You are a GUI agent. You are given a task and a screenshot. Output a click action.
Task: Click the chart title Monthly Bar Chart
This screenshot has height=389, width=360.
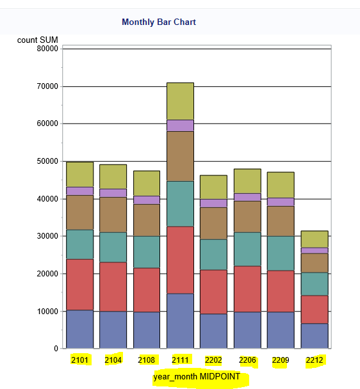point(159,22)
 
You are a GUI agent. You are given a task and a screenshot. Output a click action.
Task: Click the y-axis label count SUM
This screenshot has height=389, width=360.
point(38,40)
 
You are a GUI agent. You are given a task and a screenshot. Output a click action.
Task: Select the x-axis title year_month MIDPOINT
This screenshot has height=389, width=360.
point(197,377)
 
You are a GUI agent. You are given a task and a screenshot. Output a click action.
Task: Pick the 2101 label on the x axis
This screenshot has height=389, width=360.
point(80,360)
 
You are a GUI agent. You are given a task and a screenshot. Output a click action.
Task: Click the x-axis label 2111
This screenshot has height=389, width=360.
point(180,360)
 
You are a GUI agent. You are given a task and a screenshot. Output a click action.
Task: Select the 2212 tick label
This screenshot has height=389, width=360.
point(314,360)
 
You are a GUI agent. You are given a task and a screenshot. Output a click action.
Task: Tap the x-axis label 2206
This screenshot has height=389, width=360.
point(247,360)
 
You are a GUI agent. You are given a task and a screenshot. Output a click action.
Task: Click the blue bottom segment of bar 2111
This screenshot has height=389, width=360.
point(180,321)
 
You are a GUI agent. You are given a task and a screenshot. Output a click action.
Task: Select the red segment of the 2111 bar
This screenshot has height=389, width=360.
point(180,260)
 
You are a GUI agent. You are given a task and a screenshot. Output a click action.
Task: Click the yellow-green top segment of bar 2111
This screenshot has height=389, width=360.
point(180,101)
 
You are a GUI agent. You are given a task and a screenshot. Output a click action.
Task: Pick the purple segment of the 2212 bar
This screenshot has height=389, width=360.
point(314,250)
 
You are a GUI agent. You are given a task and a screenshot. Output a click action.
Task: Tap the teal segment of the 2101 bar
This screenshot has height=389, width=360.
point(80,244)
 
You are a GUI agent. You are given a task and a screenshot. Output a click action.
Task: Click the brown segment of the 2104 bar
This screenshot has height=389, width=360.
point(113,214)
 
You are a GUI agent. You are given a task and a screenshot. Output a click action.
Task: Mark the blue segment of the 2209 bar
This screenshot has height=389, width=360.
point(281,330)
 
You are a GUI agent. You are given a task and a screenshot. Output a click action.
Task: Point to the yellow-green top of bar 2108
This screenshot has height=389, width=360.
point(147,183)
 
